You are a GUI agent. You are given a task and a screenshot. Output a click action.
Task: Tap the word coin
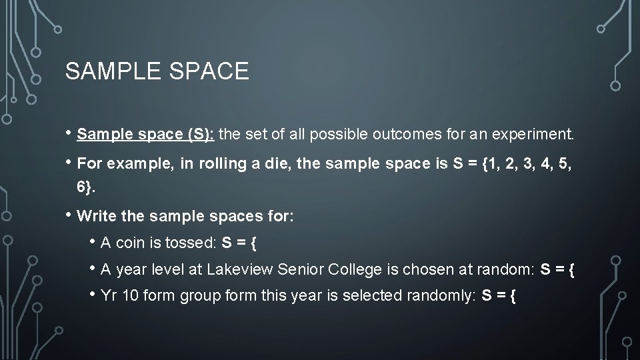[x=131, y=243]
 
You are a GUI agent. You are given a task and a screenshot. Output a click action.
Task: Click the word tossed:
[x=188, y=243]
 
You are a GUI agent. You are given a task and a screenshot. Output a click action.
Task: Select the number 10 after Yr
[x=131, y=295]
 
